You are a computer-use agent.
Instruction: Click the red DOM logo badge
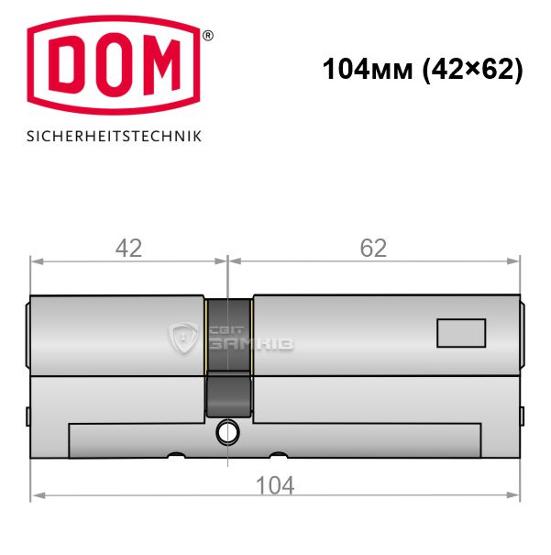click(114, 65)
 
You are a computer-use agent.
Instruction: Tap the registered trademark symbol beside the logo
click(208, 36)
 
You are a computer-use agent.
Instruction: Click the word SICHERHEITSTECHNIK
click(114, 137)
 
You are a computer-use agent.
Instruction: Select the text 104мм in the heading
click(368, 69)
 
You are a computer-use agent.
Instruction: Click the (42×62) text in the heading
click(472, 70)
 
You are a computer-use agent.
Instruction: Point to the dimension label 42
click(128, 249)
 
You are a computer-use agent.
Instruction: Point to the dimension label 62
click(373, 249)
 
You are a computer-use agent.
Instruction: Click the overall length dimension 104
click(275, 485)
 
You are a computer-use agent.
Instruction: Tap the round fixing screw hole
click(227, 433)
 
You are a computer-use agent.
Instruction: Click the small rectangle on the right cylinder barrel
click(461, 333)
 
